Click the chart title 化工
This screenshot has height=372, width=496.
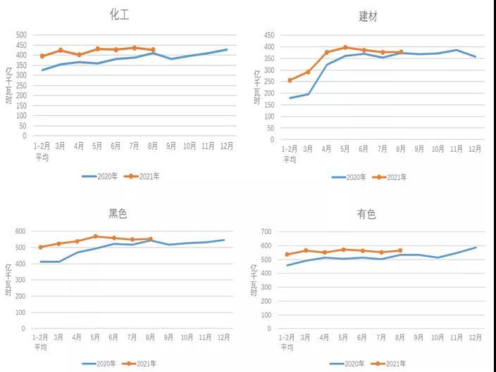click(x=120, y=14)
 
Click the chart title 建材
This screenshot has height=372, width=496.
click(x=368, y=16)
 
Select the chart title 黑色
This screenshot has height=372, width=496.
click(x=118, y=214)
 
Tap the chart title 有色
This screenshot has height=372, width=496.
click(x=366, y=214)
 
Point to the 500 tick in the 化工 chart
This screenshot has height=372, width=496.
click(x=21, y=35)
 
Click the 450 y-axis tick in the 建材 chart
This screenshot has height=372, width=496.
click(x=268, y=34)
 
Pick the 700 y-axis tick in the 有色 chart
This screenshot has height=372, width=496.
click(x=266, y=232)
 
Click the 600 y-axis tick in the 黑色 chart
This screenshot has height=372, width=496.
click(x=20, y=231)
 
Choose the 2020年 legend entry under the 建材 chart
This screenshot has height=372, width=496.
click(x=349, y=177)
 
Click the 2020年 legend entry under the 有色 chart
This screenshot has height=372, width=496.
click(x=349, y=364)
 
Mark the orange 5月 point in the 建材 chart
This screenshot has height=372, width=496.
click(x=345, y=48)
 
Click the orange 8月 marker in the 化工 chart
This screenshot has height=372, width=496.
click(x=153, y=50)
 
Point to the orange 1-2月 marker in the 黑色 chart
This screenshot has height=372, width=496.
click(x=41, y=248)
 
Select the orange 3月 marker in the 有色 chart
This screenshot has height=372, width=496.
click(x=306, y=250)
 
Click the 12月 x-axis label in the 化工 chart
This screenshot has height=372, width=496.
click(x=226, y=146)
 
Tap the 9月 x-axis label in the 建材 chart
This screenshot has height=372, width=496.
click(x=419, y=149)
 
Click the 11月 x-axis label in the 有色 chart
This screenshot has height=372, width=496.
click(x=457, y=338)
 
